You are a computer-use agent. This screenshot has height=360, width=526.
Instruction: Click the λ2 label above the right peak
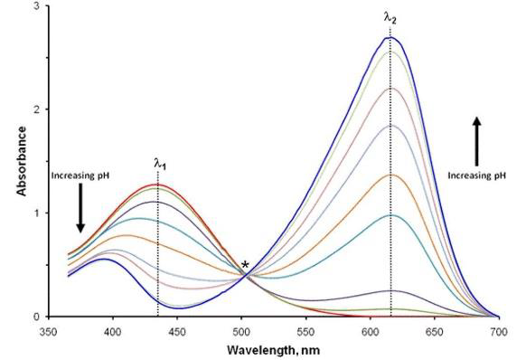(390, 16)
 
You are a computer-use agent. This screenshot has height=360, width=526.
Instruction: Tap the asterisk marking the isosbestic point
(245, 264)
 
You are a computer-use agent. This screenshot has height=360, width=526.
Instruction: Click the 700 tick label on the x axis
(499, 330)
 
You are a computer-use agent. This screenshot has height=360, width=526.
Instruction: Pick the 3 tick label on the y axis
(34, 6)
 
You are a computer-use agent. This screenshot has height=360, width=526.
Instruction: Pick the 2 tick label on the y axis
(34, 109)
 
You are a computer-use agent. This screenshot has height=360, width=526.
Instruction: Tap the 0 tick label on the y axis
(34, 317)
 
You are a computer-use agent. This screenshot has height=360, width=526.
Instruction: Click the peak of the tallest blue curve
(390, 37)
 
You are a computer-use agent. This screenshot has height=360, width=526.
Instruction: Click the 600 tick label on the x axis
(371, 330)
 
